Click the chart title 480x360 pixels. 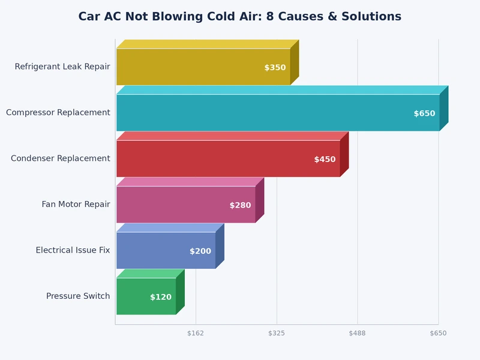(240, 17)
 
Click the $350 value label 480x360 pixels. (275, 68)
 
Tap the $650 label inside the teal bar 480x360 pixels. (424, 113)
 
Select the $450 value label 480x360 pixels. (325, 160)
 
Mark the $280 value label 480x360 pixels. (240, 205)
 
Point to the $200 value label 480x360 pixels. (200, 251)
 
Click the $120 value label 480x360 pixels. (161, 297)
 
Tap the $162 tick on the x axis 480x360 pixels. (196, 333)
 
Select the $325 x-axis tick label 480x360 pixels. (277, 333)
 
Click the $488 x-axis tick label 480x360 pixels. (358, 333)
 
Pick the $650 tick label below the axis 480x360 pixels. (438, 333)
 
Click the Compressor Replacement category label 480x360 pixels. (58, 113)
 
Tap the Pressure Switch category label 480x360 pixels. (78, 296)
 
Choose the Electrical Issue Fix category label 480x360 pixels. (73, 250)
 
